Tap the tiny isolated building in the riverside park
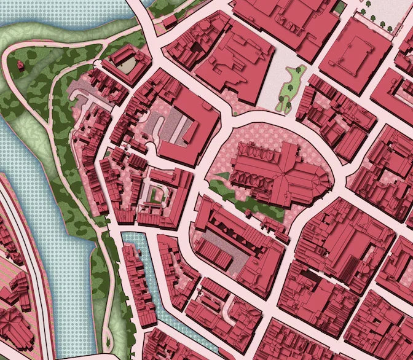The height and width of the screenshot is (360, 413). [x=20, y=66]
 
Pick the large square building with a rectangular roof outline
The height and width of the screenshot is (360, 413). [x=355, y=53]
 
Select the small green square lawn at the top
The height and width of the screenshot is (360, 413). [x=339, y=7]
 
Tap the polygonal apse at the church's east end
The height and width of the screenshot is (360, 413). [x=323, y=181]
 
